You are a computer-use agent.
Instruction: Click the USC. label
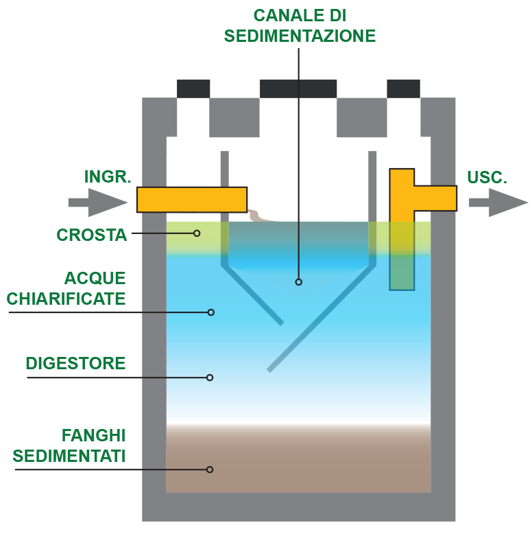[x=487, y=177]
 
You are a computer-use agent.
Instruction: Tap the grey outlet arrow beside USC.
[x=498, y=202]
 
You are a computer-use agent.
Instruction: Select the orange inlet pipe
[x=191, y=199]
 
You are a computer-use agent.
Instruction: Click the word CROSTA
[x=92, y=235]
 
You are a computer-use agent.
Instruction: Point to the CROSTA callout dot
[x=197, y=233]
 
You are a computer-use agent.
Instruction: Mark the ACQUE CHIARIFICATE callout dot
[x=211, y=312]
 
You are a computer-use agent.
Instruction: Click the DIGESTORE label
[x=75, y=363]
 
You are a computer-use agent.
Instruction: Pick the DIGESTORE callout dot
[x=210, y=378]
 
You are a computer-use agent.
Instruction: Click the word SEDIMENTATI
[x=69, y=456]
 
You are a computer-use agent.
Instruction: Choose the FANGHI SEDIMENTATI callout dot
[x=210, y=469]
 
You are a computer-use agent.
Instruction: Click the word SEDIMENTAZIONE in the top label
[x=300, y=36]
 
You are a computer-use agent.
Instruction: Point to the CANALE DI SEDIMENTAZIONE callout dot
[x=298, y=281]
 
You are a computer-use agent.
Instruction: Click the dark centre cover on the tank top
[x=298, y=88]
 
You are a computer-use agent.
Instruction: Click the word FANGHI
[x=94, y=435]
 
